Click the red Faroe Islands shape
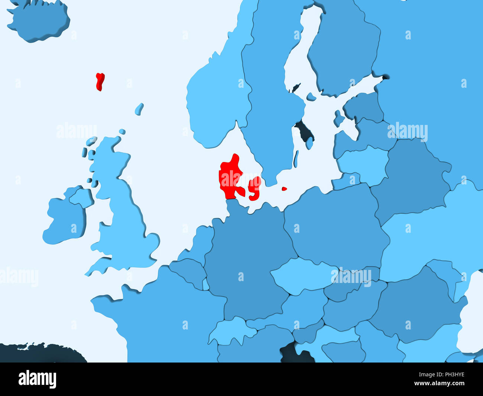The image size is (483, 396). point(100,81)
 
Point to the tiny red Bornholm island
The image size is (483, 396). point(284,189)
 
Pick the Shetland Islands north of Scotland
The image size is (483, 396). point(139,109)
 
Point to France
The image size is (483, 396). point(167,316)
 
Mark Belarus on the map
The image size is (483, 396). point(412,178)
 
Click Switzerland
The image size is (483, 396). point(228,329)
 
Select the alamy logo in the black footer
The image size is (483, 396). point(37,379)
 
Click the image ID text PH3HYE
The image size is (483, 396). point(450,374)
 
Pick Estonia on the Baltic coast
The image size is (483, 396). point(364,106)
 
